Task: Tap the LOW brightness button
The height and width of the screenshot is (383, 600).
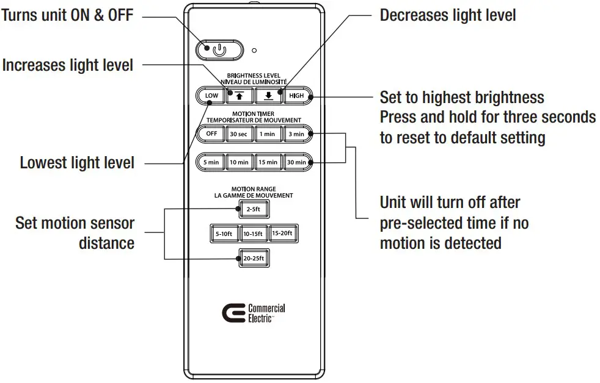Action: [211, 96]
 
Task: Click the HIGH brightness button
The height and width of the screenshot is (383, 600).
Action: [296, 96]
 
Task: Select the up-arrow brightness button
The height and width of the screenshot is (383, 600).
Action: [240, 96]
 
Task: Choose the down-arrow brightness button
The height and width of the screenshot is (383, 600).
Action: [268, 96]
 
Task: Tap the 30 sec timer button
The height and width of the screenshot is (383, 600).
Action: [239, 134]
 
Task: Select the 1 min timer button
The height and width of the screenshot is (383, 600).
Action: [267, 134]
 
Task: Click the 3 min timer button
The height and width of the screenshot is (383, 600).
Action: [296, 134]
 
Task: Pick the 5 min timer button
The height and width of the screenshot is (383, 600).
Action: [211, 162]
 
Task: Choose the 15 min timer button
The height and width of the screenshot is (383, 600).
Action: [267, 162]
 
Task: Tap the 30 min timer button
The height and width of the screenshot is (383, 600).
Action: [296, 162]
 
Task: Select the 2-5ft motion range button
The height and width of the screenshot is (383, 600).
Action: [253, 209]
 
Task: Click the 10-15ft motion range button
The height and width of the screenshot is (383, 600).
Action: [253, 234]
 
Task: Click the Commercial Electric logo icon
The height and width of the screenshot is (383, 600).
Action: [233, 313]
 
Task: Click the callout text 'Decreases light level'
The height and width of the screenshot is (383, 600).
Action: [447, 15]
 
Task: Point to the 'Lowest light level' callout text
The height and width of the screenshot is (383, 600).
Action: [77, 163]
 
